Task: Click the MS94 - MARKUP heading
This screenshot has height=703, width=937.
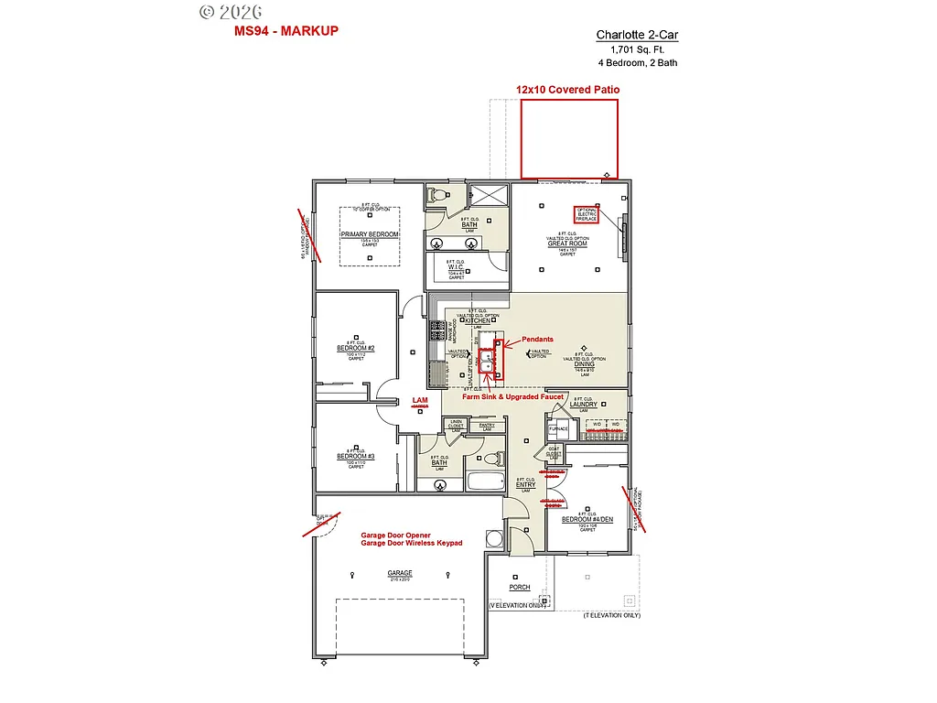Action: click(286, 31)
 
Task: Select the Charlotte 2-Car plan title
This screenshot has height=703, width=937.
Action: click(637, 35)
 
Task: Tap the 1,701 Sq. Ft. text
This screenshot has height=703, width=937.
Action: click(637, 49)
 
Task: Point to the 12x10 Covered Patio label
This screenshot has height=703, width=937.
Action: click(567, 90)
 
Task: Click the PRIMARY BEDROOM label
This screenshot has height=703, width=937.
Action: click(370, 234)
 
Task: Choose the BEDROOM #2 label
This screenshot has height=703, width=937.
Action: click(355, 349)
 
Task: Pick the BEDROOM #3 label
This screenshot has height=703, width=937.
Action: click(355, 456)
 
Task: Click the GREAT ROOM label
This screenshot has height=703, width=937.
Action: click(568, 243)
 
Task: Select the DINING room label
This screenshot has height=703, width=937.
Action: click(584, 364)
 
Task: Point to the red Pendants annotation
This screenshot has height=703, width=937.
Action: click(537, 340)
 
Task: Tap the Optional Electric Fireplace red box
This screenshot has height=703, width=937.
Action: click(587, 214)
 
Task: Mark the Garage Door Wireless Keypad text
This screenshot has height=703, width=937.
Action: click(398, 543)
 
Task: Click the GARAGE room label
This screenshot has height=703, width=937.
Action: click(399, 573)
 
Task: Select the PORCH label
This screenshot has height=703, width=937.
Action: click(520, 588)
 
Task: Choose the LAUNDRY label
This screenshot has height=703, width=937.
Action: click(583, 405)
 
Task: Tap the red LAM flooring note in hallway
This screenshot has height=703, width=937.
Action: click(420, 400)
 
